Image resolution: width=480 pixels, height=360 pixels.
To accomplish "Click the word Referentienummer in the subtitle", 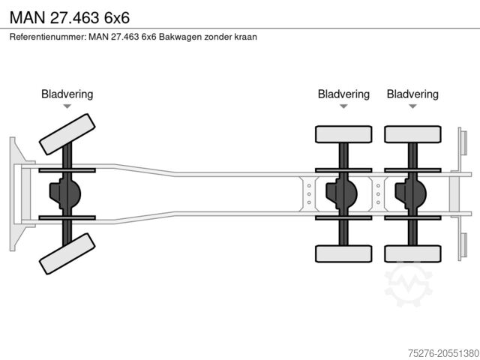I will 46,36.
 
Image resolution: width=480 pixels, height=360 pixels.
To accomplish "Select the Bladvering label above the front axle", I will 67,94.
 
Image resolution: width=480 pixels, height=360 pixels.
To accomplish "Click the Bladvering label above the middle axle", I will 343,94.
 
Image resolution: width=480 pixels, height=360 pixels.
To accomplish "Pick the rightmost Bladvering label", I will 412,94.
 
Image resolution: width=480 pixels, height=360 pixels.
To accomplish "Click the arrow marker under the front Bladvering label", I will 67,107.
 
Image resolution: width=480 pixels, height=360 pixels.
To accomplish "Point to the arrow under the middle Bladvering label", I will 343,107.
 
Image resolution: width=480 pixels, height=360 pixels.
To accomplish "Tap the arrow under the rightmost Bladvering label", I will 412,107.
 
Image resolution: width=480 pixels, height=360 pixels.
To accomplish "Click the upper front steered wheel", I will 67,133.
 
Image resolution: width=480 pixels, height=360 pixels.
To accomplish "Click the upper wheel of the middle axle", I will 343,134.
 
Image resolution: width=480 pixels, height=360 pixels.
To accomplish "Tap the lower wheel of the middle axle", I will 343,253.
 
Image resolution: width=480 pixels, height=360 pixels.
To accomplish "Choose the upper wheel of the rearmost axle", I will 412,134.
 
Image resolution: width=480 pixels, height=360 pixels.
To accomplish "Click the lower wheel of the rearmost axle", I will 412,253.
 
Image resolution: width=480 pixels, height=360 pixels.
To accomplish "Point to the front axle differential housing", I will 64,194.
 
